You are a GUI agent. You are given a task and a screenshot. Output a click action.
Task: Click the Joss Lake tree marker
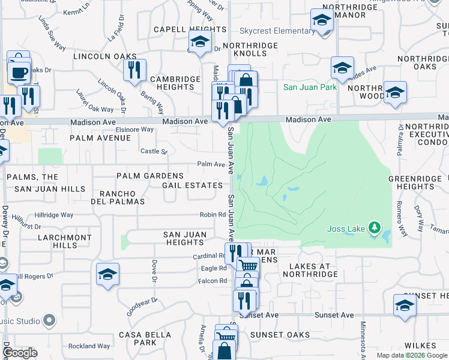(x=375, y=227)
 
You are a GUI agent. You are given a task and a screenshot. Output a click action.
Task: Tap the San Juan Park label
(x=310, y=87)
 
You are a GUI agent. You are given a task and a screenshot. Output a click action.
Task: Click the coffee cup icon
(x=18, y=73)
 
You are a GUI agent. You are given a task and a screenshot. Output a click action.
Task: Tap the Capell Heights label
(x=181, y=29)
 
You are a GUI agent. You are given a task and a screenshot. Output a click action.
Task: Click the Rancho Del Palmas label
(x=122, y=197)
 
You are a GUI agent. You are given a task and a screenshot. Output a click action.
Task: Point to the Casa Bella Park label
(x=137, y=338)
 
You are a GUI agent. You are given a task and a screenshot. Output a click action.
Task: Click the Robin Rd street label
(x=212, y=214)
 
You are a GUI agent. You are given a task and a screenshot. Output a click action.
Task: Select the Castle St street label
(x=154, y=151)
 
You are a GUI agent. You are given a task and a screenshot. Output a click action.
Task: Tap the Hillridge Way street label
(x=53, y=215)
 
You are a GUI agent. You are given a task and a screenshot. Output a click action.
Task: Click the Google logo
(x=20, y=353)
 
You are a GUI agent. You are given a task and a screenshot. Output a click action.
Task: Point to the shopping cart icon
(x=249, y=265)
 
